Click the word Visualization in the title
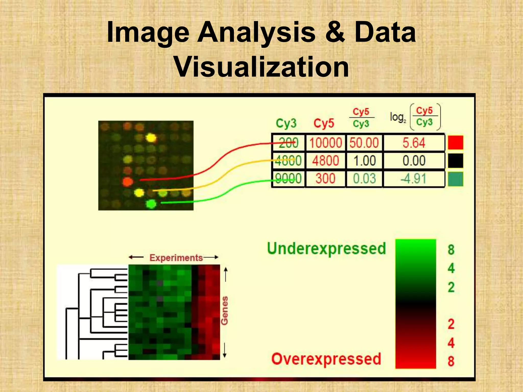click(x=261, y=67)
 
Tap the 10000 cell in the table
click(x=325, y=143)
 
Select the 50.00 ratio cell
click(x=364, y=143)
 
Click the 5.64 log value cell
click(x=414, y=143)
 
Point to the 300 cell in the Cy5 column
click(x=325, y=178)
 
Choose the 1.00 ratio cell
click(x=364, y=161)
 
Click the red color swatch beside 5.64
click(x=456, y=142)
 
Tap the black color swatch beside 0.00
click(x=456, y=161)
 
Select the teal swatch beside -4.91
click(x=456, y=179)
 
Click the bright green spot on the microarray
click(x=151, y=204)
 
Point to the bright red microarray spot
click(x=128, y=182)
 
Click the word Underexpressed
click(x=326, y=249)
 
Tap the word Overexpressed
click(x=326, y=359)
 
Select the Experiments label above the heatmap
click(x=176, y=258)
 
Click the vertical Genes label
click(x=224, y=311)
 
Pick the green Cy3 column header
click(x=286, y=123)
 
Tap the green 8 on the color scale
click(x=451, y=250)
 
